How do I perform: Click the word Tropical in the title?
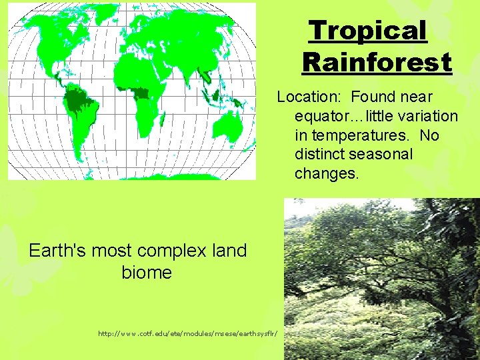[x=367, y=31]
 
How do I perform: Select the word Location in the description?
[x=310, y=97]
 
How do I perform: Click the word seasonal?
[x=383, y=155]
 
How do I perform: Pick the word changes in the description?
[x=327, y=174]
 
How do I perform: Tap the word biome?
[x=147, y=272]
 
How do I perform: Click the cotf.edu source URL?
[x=189, y=332]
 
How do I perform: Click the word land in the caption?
[x=229, y=251]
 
